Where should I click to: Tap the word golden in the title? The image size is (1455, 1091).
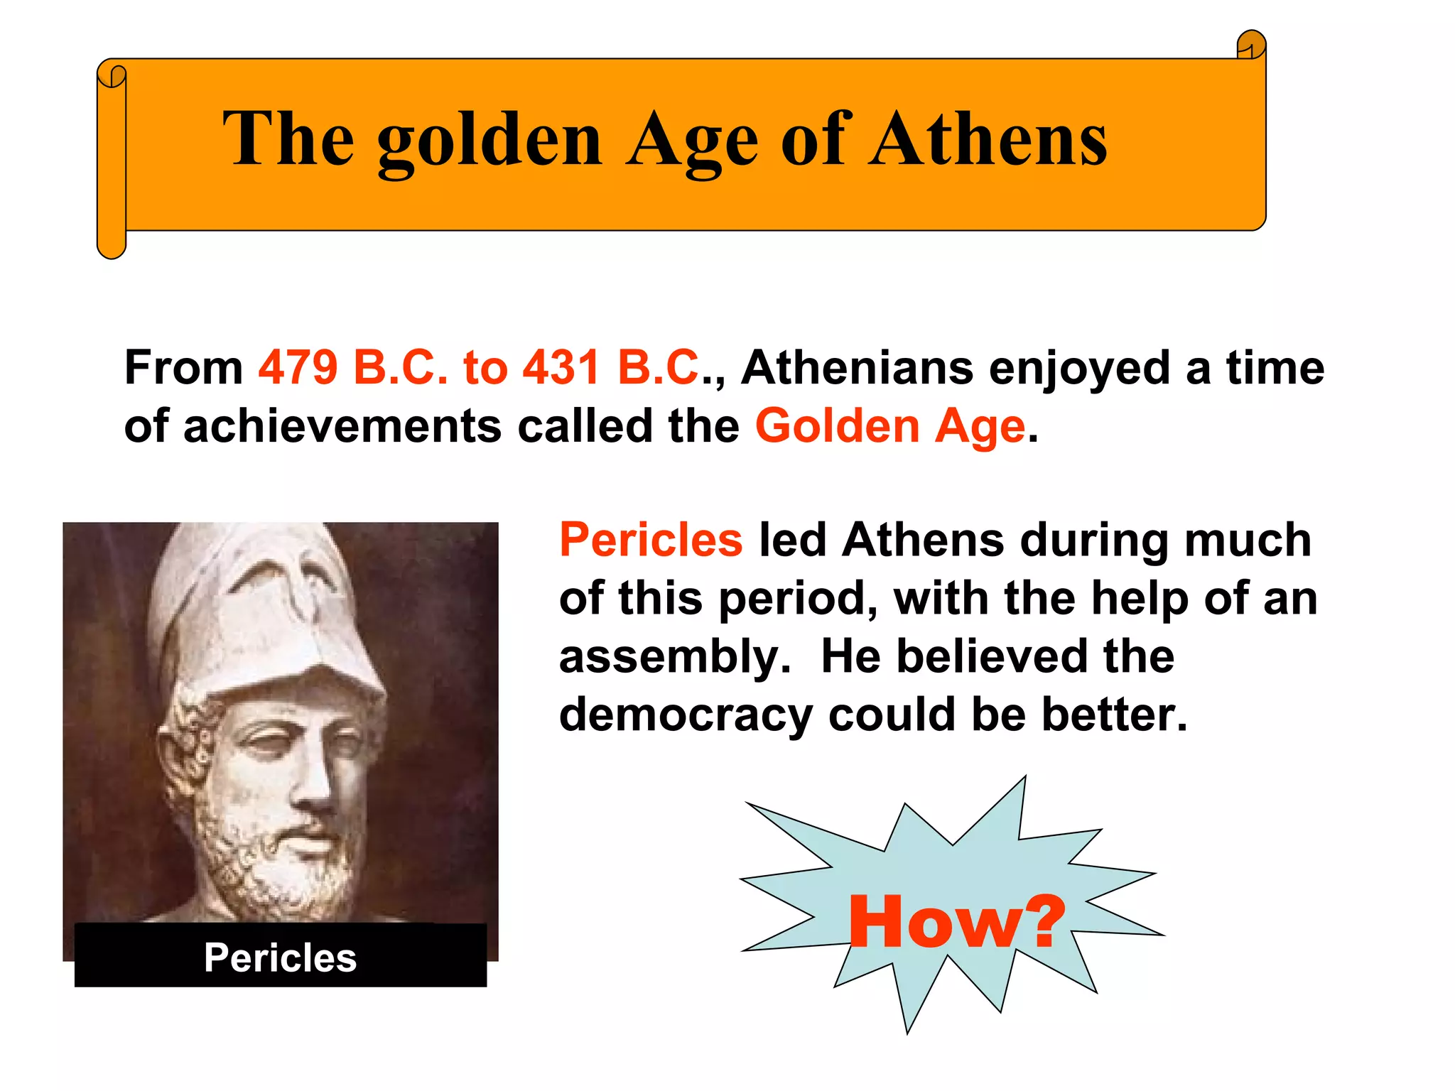489,140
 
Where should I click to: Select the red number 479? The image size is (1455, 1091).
298,368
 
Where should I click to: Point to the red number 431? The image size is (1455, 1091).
561,368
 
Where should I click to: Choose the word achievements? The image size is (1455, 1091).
342,426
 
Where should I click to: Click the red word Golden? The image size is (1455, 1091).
837,426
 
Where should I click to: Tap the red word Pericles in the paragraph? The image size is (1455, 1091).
651,540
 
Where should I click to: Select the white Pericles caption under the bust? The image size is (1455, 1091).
280,957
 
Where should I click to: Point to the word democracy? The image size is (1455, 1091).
686,715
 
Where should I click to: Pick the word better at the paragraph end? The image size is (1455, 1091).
1114,715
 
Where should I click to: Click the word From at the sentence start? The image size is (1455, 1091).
183,368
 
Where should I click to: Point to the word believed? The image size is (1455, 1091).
991,657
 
